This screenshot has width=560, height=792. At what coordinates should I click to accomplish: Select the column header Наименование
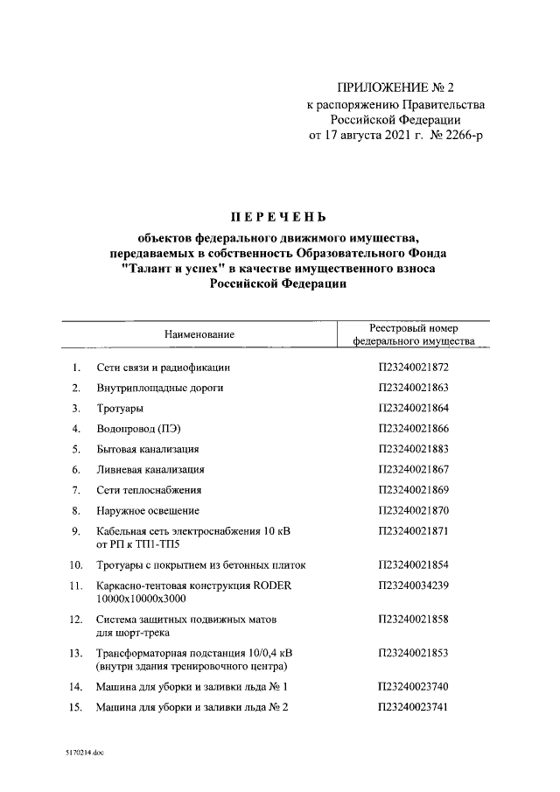point(199,334)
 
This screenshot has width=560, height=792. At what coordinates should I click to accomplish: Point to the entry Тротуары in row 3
point(121,408)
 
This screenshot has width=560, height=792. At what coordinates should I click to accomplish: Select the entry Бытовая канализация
point(148,449)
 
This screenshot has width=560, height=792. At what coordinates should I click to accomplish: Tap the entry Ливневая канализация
point(150,469)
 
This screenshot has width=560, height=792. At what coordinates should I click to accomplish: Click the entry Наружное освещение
point(148,510)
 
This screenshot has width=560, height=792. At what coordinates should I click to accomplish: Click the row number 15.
point(75,707)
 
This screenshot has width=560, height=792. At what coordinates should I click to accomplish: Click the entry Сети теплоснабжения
point(150,490)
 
